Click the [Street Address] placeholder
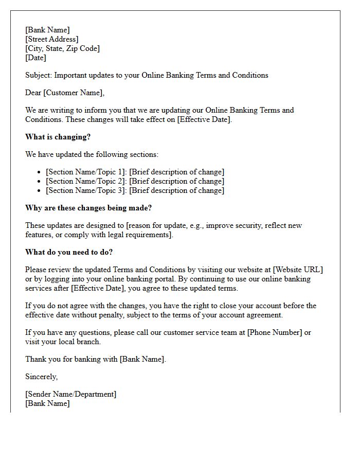point(52,39)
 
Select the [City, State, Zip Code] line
point(62,48)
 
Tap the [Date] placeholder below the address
point(35,58)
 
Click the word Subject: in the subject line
point(39,75)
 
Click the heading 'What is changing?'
point(58,137)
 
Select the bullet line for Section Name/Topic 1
point(135,172)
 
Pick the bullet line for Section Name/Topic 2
point(135,181)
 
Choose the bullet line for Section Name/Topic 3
point(135,190)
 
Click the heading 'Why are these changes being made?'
point(88,208)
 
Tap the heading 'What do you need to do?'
point(69,252)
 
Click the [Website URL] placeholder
point(298,270)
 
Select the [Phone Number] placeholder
point(275,332)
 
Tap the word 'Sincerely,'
point(42,377)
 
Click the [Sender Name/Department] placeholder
point(71,394)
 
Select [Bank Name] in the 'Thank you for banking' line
point(142,359)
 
